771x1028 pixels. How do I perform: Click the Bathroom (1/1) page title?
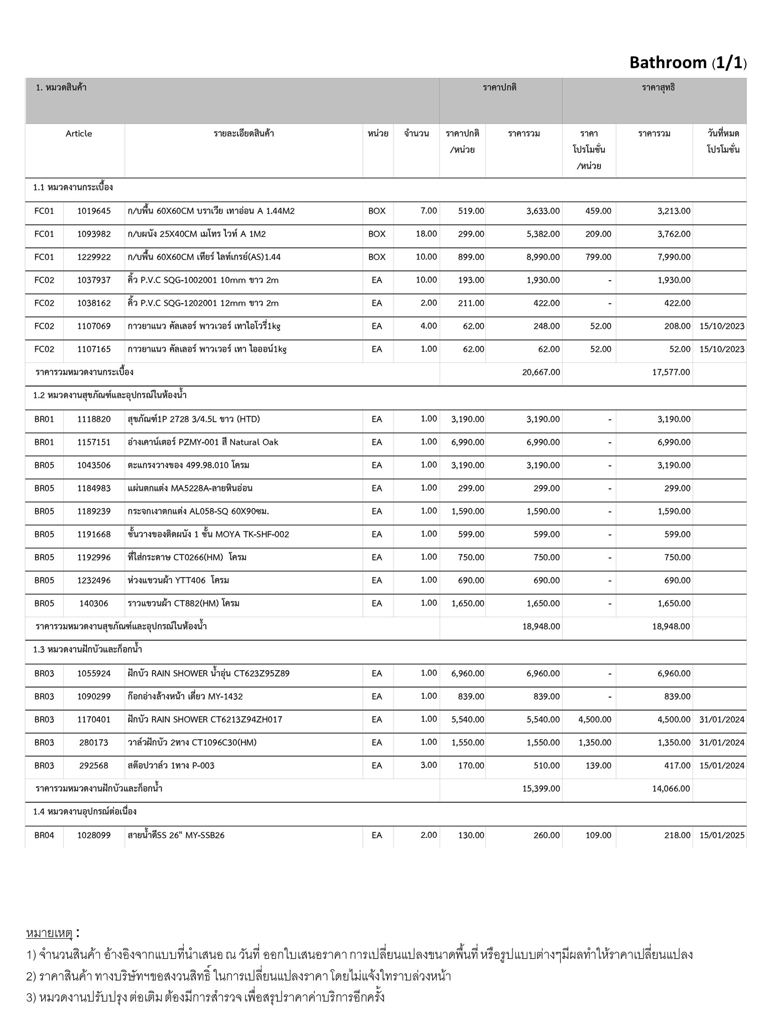688,63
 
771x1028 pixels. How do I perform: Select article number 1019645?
94,211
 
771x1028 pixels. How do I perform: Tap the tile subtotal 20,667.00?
541,372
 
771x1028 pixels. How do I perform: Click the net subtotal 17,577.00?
671,372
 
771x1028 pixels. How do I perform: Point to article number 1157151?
94,442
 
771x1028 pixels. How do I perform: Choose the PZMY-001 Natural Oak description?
203,442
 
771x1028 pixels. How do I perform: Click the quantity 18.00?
426,234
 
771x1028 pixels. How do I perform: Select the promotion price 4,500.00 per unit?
595,720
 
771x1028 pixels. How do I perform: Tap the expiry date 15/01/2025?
722,835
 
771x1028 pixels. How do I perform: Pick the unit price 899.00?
471,257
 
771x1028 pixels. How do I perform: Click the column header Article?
79,134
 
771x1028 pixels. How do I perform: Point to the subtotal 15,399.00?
541,789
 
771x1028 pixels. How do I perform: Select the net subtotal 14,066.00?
671,789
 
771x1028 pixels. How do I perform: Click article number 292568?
94,765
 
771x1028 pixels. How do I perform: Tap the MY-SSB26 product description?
176,835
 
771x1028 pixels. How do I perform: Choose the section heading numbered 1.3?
87,650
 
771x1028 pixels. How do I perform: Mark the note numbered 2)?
238,976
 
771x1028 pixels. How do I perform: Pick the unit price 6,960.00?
468,674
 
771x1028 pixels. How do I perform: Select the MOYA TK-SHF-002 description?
208,534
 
